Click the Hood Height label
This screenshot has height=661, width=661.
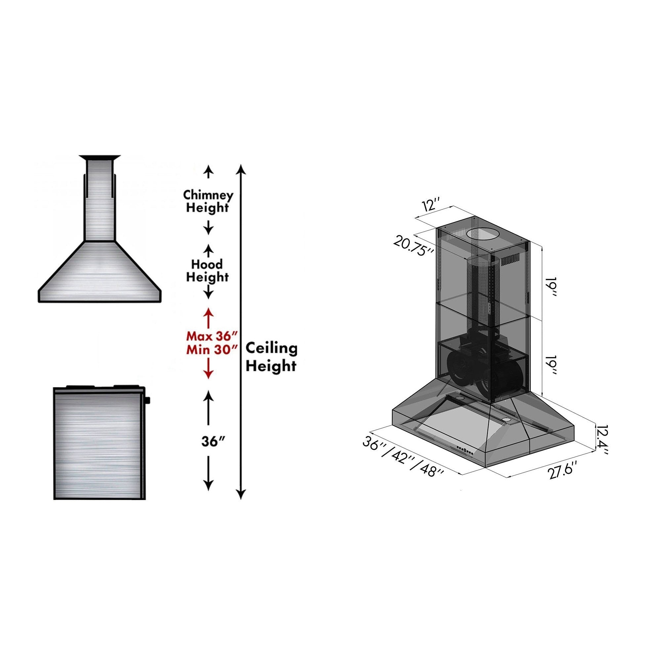207,270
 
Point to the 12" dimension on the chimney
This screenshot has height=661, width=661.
432,206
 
